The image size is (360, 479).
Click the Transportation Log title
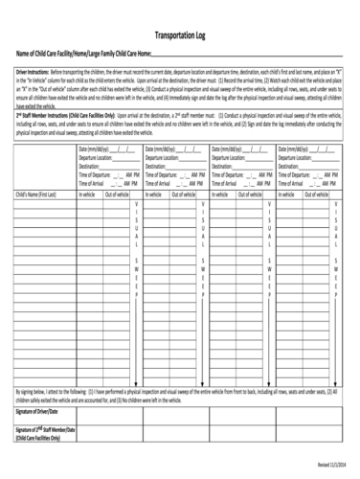pyautogui.click(x=179, y=33)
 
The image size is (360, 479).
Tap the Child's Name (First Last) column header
pyautogui.click(x=36, y=194)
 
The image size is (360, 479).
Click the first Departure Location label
pyautogui.click(x=99, y=158)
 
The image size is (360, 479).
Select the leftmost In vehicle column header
pyautogui.click(x=87, y=194)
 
